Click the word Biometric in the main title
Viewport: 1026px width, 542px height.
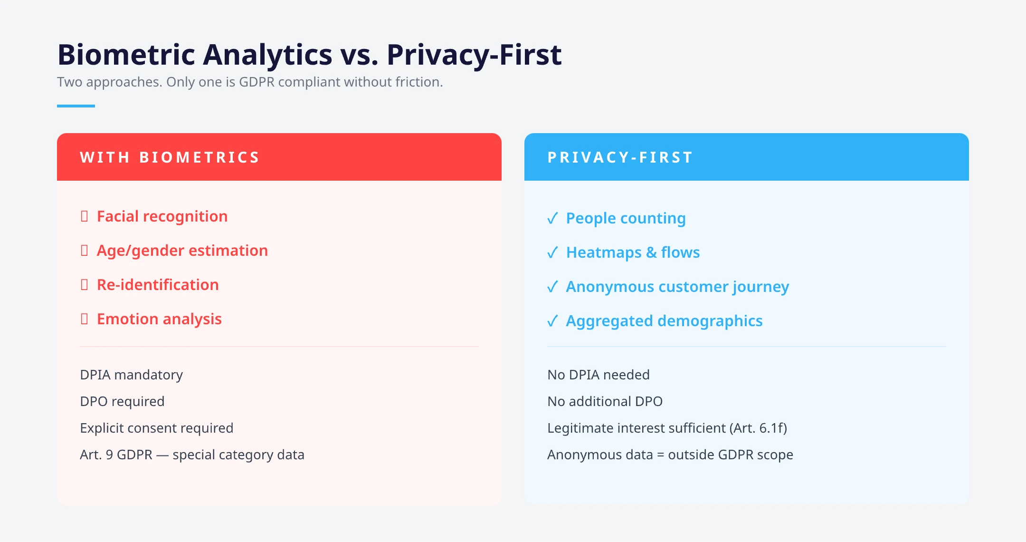point(126,55)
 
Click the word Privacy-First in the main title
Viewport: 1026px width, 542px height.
point(474,55)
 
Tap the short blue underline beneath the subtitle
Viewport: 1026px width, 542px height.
point(76,106)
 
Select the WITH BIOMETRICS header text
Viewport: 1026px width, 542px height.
point(170,157)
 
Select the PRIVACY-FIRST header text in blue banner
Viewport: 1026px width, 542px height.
point(620,157)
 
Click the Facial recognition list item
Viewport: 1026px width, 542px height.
point(162,216)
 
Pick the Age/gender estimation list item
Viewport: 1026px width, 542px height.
point(182,251)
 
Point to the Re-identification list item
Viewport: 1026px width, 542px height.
point(158,285)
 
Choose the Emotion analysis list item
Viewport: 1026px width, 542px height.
point(159,319)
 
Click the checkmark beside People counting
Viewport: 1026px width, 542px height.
point(552,218)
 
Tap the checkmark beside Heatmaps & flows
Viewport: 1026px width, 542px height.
point(552,252)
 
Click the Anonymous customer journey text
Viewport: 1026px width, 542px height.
point(677,287)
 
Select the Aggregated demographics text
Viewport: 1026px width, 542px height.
point(664,321)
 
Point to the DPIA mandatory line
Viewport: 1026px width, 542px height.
point(131,375)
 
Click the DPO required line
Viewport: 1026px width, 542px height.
point(122,401)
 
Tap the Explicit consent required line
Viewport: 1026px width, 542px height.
point(156,428)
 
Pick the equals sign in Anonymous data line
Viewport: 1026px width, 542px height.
point(660,455)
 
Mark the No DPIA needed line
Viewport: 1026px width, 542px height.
point(598,375)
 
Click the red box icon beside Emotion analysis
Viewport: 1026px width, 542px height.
point(85,319)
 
